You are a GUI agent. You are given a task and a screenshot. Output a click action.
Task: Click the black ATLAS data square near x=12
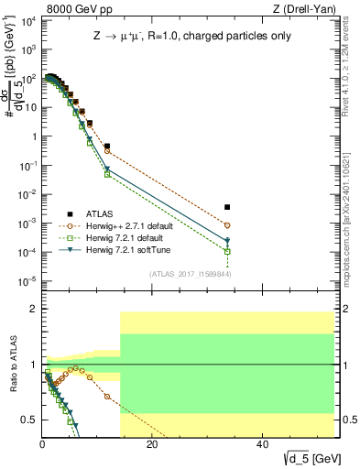(107, 146)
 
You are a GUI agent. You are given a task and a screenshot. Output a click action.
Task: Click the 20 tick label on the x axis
(152, 445)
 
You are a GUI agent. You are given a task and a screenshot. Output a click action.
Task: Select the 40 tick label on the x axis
(262, 445)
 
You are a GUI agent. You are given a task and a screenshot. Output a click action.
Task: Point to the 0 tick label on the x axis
(42, 445)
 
